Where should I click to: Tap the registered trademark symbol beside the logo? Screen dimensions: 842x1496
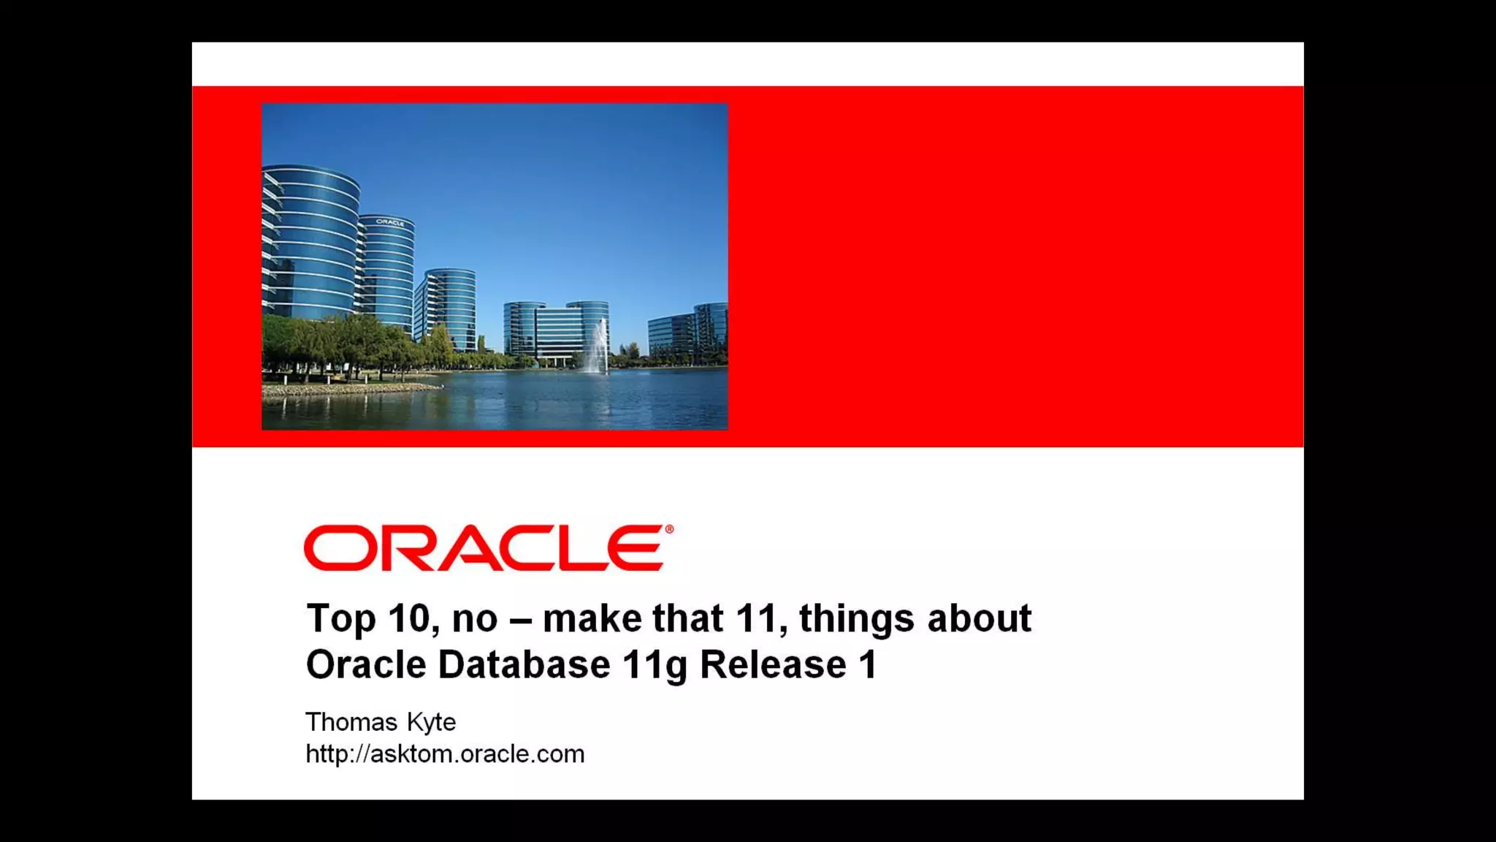pos(669,529)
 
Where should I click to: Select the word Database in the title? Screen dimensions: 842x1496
pos(524,665)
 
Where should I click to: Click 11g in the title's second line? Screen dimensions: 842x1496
pos(654,665)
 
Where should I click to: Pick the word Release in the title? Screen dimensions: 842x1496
pos(773,665)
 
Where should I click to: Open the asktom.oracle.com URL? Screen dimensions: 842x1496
pos(445,754)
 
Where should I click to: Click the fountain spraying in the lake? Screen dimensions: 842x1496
pos(598,349)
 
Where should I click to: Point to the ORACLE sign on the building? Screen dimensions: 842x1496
pos(390,222)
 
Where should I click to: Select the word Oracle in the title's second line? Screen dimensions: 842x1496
pos(365,665)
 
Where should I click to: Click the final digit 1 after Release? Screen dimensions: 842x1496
pos(868,665)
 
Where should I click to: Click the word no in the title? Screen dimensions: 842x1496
pos(475,619)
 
